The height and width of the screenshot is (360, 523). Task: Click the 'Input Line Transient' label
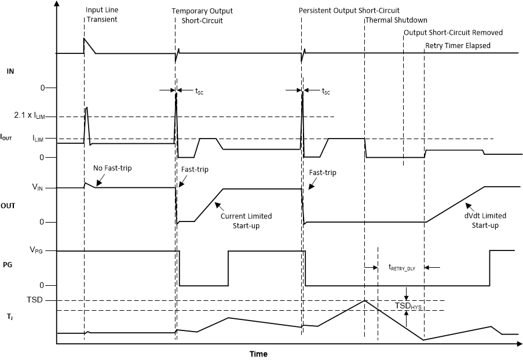pyautogui.click(x=101, y=14)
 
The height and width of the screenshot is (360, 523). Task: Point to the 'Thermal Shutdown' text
pyautogui.click(x=396, y=20)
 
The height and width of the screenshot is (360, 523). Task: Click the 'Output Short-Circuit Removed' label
pyautogui.click(x=453, y=32)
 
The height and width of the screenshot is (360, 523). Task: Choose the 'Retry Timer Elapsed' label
pyautogui.click(x=458, y=45)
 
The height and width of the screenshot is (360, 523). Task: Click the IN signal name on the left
pyautogui.click(x=10, y=71)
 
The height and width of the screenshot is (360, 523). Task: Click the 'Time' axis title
pyautogui.click(x=258, y=354)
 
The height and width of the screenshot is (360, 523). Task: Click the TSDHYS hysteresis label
pyautogui.click(x=409, y=306)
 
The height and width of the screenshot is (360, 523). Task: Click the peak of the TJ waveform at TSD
pyautogui.click(x=364, y=300)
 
